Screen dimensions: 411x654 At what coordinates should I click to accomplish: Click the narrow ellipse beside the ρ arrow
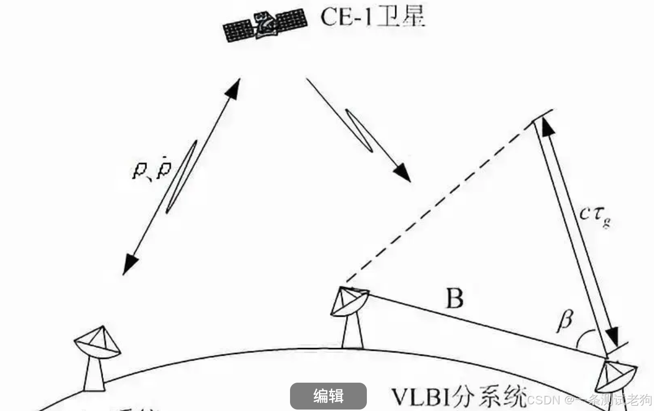(x=181, y=176)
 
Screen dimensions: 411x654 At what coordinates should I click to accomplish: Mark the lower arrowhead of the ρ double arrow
(x=130, y=265)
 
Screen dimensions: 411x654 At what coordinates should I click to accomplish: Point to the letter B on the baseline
(x=454, y=298)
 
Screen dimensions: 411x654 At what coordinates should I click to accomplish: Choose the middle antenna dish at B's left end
(x=349, y=302)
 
